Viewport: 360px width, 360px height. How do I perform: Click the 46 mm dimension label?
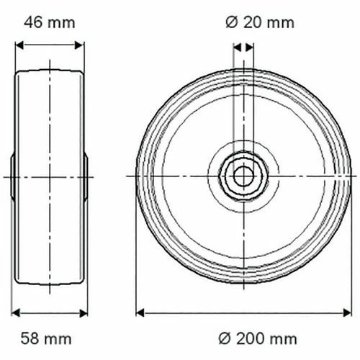pos(50,23)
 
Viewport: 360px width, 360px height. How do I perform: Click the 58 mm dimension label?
pos(46,338)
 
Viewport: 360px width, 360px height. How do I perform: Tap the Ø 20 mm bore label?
pos(260,23)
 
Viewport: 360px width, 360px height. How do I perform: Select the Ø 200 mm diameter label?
pos(258,338)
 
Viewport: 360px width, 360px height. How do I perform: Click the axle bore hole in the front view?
pos(243,176)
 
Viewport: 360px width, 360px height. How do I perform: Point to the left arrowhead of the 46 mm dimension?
pos(19,45)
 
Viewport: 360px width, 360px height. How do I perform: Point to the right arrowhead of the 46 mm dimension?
pos(79,45)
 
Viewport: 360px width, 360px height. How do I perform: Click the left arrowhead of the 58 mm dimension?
pos(16,313)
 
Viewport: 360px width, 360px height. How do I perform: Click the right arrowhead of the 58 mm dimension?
pos(84,313)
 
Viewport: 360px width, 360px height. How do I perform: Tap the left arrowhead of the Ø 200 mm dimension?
pos(140,313)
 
